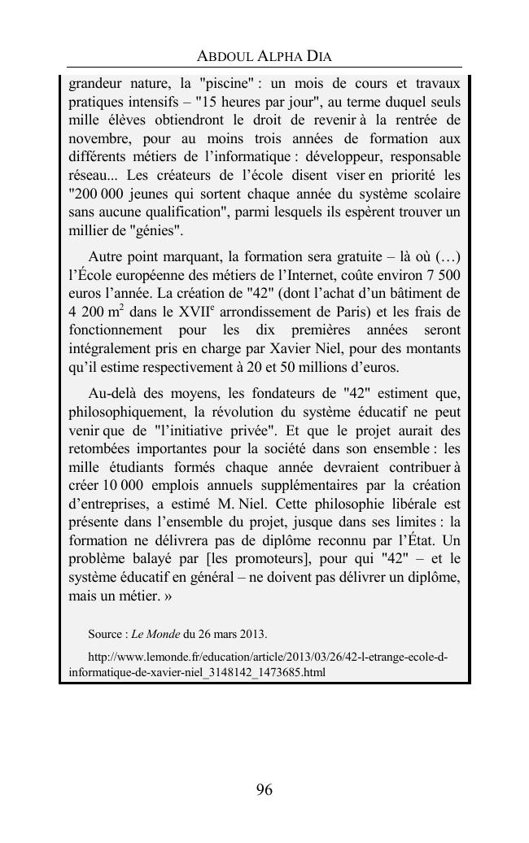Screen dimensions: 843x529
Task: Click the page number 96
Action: [x=264, y=789]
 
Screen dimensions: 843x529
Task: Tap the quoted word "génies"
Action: [x=156, y=230]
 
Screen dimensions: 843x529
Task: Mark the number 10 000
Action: [x=119, y=485]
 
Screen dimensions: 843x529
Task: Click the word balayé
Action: [x=146, y=558]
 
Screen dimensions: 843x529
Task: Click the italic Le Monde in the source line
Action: [x=156, y=634]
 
